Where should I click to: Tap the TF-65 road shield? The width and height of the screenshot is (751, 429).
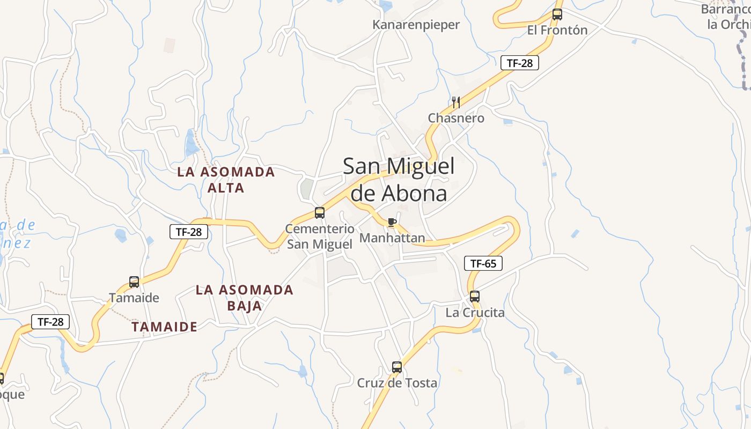[483, 263]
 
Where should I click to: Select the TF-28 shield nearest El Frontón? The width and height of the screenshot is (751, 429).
[519, 63]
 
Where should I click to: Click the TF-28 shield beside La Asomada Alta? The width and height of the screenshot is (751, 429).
[189, 232]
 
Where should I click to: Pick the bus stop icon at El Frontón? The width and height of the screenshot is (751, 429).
[557, 14]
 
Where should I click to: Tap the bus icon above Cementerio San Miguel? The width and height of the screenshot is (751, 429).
[320, 213]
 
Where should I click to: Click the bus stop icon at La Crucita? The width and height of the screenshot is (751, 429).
[475, 296]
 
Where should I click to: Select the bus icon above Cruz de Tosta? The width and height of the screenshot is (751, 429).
[397, 367]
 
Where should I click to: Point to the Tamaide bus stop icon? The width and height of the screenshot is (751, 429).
[134, 282]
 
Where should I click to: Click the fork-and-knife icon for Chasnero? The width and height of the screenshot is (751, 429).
[456, 102]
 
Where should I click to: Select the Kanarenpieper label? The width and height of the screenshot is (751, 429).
[416, 25]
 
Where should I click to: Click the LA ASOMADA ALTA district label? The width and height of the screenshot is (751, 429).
[226, 180]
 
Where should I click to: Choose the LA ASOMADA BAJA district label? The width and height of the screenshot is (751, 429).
[245, 298]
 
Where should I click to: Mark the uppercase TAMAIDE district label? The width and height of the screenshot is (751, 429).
[165, 327]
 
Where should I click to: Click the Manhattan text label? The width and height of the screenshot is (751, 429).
[392, 238]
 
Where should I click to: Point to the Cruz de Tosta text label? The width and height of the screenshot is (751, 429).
[397, 383]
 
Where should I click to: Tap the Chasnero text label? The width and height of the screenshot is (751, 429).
[456, 118]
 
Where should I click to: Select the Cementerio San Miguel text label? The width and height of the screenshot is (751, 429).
[320, 236]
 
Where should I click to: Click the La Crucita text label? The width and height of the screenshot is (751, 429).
[475, 312]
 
